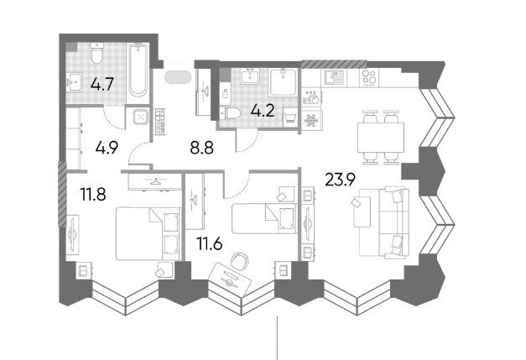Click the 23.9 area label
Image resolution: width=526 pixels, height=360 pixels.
[340, 180]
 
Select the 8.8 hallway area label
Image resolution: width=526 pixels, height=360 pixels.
[201, 148]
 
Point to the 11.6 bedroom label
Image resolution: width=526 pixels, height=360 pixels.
[210, 244]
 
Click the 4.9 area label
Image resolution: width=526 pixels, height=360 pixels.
[107, 148]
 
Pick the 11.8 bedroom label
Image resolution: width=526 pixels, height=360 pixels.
[93, 194]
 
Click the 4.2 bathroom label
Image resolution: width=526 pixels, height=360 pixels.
[263, 111]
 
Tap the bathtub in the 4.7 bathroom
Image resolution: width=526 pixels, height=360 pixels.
[138, 70]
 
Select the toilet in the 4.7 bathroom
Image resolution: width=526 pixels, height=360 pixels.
[97, 54]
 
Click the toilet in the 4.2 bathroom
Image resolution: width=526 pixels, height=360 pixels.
[232, 113]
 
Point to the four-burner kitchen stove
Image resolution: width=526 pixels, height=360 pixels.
[369, 77]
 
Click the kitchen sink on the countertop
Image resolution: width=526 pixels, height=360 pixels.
[334, 77]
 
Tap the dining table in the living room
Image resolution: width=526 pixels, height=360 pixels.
[380, 138]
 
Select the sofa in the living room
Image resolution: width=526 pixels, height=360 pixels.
[394, 222]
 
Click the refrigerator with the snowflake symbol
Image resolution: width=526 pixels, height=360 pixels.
[311, 120]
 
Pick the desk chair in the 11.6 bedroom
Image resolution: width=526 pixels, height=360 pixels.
[240, 260]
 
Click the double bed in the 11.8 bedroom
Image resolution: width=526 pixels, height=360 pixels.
[148, 233]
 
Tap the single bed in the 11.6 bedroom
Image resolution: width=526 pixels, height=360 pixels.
[264, 218]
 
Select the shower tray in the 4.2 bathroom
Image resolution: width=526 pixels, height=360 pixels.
[283, 82]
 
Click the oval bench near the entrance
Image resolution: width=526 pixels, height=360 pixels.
[178, 76]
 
